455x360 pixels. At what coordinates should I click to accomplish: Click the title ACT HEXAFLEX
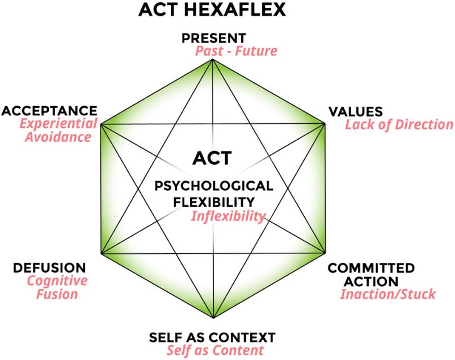212,9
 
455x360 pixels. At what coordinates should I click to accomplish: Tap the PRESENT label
214,38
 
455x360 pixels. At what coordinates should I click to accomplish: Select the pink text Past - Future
236,51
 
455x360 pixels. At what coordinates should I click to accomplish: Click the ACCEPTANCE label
49,111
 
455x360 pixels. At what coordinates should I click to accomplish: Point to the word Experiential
58,124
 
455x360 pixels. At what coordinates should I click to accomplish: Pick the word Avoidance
58,137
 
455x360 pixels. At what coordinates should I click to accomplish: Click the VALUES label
356,112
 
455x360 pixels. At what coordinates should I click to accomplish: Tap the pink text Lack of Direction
399,124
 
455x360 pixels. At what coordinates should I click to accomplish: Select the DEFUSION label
49,267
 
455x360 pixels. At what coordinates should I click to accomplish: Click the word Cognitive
57,281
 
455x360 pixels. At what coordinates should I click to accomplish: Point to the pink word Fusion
57,294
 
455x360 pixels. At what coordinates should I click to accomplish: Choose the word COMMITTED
371,268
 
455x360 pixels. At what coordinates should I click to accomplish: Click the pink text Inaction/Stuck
388,294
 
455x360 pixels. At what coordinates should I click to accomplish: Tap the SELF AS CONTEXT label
212,337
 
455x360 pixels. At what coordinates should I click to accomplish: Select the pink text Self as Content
215,350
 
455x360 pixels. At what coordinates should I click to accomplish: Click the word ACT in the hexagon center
212,158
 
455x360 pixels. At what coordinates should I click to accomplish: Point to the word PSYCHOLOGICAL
214,186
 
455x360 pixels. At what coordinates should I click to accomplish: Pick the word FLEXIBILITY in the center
214,202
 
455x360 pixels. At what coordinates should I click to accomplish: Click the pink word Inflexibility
229,216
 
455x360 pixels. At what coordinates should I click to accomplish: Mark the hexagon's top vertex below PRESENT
213,59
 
